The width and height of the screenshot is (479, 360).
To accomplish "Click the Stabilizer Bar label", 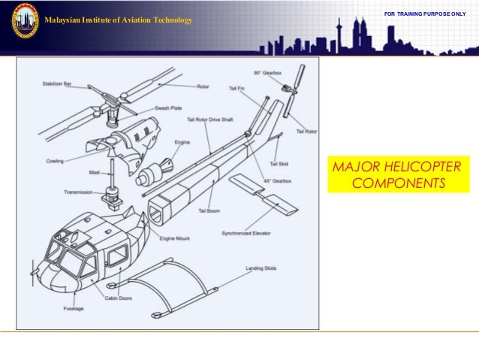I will (x=57, y=84).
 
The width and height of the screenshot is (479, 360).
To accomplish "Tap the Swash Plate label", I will (x=168, y=108).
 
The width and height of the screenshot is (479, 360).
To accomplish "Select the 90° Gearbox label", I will (x=267, y=72).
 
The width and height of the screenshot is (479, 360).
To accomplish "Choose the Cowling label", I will (x=54, y=161).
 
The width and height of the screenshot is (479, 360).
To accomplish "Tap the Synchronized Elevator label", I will (x=246, y=234).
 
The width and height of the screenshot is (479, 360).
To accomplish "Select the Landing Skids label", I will (x=260, y=268).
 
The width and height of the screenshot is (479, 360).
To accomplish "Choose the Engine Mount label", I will (x=174, y=238).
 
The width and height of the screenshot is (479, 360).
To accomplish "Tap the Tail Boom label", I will (x=208, y=211).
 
